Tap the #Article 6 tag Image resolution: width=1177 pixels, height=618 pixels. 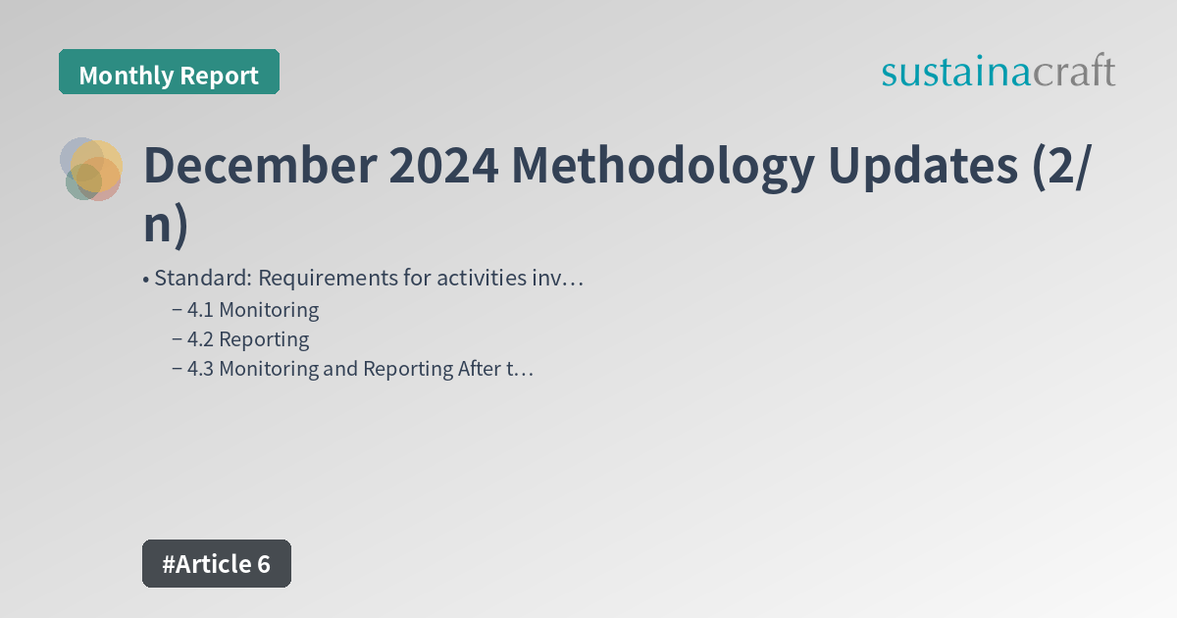pyautogui.click(x=217, y=564)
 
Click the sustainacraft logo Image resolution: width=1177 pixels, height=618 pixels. pyautogui.click(x=998, y=72)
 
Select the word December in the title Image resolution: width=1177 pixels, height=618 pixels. pyautogui.click(x=258, y=167)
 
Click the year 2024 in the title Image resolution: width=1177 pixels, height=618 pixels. pyautogui.click(x=442, y=167)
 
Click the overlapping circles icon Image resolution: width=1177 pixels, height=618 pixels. pyautogui.click(x=91, y=169)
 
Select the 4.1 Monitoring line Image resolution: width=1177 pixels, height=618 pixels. pyautogui.click(x=252, y=310)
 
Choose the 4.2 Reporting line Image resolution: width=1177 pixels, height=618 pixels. pyautogui.click(x=247, y=339)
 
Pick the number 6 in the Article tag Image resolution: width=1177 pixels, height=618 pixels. pyautogui.click(x=263, y=564)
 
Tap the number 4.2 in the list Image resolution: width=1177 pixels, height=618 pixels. pyautogui.click(x=201, y=339)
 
